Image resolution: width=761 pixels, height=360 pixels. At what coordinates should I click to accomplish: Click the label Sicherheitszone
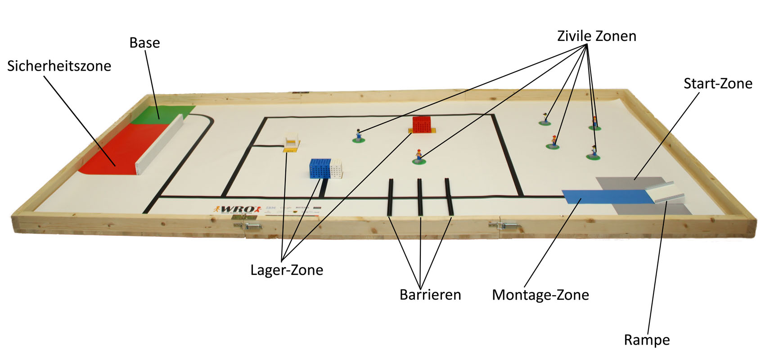(x=59, y=66)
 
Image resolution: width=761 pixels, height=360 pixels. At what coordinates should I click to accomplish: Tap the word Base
(x=144, y=43)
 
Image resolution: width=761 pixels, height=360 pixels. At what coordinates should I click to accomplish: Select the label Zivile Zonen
(x=596, y=36)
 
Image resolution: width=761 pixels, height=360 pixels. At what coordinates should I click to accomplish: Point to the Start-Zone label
(x=717, y=84)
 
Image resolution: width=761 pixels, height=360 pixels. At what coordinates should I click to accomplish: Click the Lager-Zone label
(x=287, y=270)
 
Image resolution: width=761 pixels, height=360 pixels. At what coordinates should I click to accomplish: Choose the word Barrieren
(x=430, y=295)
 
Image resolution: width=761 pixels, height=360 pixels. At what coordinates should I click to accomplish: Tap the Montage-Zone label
(x=540, y=295)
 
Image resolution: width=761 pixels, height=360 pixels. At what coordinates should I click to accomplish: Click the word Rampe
(x=646, y=340)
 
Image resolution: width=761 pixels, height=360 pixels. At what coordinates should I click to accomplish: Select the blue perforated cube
(x=320, y=169)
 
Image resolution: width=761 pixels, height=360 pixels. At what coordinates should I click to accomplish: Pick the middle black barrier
(x=419, y=197)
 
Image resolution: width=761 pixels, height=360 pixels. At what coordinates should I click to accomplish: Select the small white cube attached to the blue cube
(x=337, y=169)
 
